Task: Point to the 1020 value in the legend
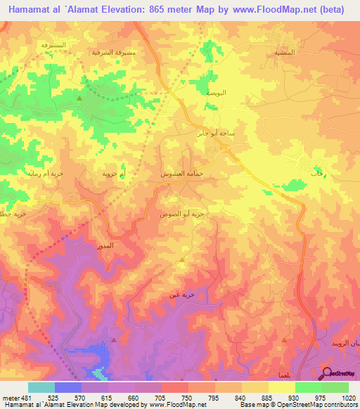point(347,397)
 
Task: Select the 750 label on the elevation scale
point(187,397)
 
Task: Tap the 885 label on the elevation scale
point(267,397)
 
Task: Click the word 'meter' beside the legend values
point(9,397)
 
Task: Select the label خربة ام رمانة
point(45,173)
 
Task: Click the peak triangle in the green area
point(79,98)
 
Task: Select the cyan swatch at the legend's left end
point(41,387)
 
